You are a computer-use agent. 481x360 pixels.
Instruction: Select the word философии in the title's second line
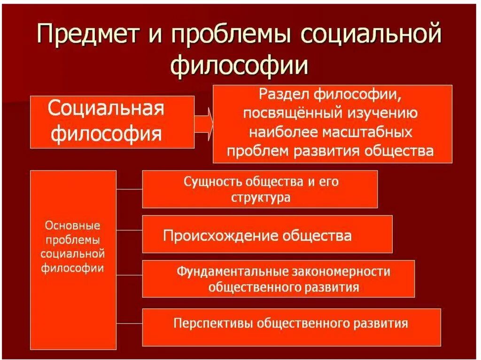pyautogui.click(x=240, y=66)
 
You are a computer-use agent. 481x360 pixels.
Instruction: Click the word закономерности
pyautogui.click(x=342, y=271)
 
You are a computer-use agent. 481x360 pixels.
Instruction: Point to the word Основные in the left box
pyautogui.click(x=73, y=225)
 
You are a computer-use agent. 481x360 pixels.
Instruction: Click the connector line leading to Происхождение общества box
pyautogui.click(x=129, y=230)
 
